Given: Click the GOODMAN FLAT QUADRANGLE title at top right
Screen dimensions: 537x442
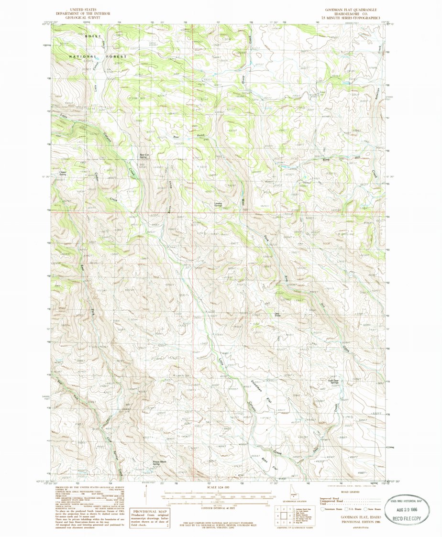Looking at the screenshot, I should click(x=351, y=10).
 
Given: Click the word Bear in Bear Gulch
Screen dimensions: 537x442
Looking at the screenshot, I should click(x=176, y=137).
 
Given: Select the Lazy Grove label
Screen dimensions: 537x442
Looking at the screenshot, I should click(x=277, y=315).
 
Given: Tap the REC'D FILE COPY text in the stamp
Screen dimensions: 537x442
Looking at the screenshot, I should click(x=408, y=518).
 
